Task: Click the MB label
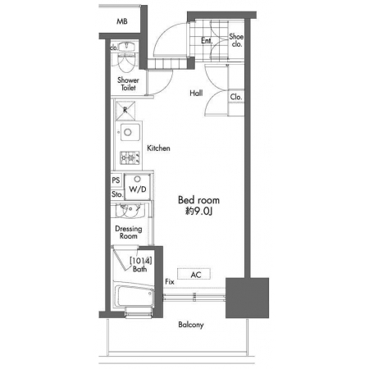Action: (x=122, y=21)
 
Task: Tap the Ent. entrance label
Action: (x=207, y=41)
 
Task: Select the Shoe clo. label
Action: (x=236, y=40)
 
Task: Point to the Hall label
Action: (x=196, y=93)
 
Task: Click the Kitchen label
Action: (x=158, y=148)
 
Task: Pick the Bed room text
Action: (x=198, y=200)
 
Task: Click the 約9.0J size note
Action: (x=198, y=211)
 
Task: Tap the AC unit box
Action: (x=194, y=274)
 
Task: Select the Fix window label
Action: (x=170, y=281)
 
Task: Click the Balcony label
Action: (x=191, y=325)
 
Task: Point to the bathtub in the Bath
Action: (x=134, y=296)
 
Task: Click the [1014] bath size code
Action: (x=140, y=261)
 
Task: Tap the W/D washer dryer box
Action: (x=137, y=187)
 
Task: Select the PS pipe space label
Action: (x=116, y=180)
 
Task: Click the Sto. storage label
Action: (x=117, y=194)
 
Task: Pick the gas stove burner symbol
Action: (x=130, y=158)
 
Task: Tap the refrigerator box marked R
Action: (x=125, y=111)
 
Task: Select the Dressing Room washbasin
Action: (x=130, y=211)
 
